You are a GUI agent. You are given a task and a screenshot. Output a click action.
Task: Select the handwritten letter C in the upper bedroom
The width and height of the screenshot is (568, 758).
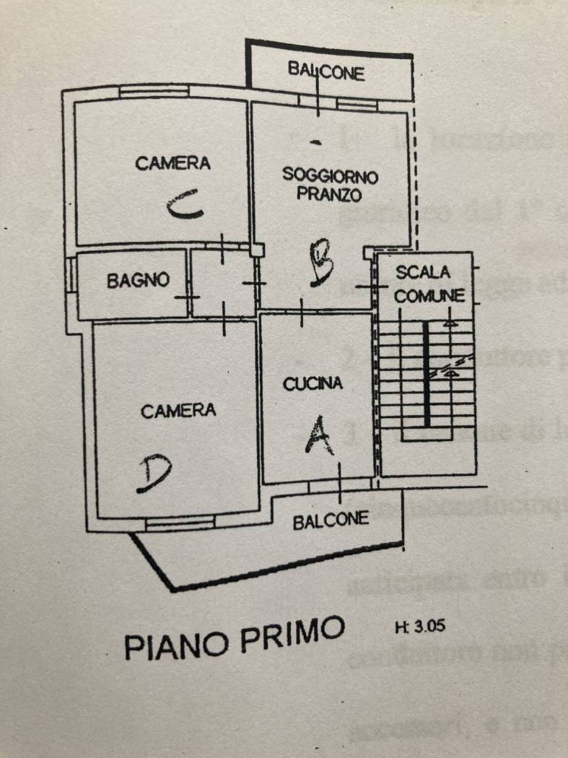185,207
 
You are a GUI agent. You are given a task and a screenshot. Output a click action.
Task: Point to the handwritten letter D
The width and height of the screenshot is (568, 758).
154,474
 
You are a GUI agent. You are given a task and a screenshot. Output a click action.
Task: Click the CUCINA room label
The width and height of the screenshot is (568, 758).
313,384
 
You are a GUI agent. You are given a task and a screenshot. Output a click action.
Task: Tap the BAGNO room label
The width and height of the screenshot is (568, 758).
138,280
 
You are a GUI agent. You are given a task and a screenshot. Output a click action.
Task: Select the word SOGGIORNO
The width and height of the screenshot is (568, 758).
330,175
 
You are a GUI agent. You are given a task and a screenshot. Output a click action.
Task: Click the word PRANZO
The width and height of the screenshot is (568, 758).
329,194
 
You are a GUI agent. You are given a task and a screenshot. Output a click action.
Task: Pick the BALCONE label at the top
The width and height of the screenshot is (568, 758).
326,71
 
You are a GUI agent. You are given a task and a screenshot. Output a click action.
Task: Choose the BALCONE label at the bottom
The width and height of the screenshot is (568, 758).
331,520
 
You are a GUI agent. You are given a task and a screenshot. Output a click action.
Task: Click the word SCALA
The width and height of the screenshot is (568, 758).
423,272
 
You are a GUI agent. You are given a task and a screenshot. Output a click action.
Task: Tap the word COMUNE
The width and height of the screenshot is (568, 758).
429,295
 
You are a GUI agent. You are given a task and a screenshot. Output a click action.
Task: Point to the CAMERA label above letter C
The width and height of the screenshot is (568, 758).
173,163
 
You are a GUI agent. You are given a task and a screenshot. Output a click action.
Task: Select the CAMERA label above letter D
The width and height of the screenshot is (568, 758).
178,411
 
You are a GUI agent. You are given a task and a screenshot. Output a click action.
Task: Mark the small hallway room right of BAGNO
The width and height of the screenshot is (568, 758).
223,283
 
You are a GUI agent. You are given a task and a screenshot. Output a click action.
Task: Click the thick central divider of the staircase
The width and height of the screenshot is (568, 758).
427,373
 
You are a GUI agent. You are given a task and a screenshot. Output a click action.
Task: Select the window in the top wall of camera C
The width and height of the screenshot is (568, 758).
154,92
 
